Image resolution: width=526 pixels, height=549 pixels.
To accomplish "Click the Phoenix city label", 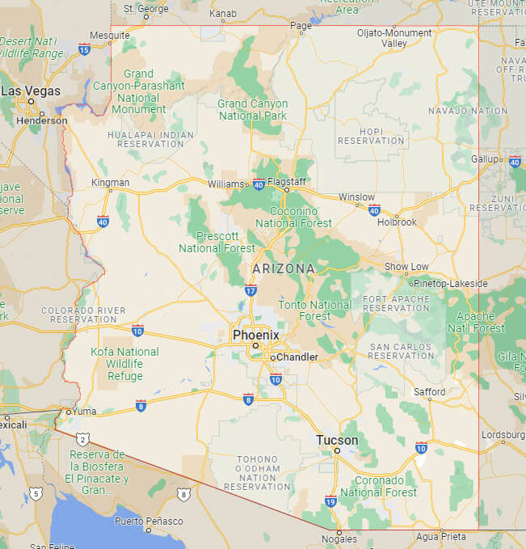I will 255,335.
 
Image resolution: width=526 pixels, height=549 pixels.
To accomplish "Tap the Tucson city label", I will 337,440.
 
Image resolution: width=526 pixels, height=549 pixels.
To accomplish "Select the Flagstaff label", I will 287,181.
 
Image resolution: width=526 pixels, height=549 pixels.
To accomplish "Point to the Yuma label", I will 84,411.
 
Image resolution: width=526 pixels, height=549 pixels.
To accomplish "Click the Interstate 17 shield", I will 251,290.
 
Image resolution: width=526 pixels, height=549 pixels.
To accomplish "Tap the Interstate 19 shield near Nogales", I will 330,500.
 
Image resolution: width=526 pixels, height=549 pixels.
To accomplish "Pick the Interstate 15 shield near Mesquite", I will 85,49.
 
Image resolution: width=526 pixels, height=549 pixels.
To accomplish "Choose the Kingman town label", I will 111,183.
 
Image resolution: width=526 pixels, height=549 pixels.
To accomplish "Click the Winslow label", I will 356,197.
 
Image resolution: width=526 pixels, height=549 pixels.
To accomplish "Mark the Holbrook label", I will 397,222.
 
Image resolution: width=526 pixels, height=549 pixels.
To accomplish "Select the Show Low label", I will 406,267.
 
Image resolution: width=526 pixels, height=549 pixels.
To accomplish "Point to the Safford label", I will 430,392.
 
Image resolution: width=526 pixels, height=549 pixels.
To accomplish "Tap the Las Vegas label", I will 31,91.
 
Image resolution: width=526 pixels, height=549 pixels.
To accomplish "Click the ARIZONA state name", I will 284,268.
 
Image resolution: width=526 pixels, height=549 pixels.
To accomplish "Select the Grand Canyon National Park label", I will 253,109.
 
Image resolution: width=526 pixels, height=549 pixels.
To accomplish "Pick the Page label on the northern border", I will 301,26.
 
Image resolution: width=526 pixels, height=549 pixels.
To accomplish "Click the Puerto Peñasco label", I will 149,522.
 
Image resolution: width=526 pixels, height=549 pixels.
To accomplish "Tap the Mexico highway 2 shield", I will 83,438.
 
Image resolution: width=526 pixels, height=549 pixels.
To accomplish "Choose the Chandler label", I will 297,357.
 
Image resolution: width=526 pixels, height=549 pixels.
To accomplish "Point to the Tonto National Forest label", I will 315,310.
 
